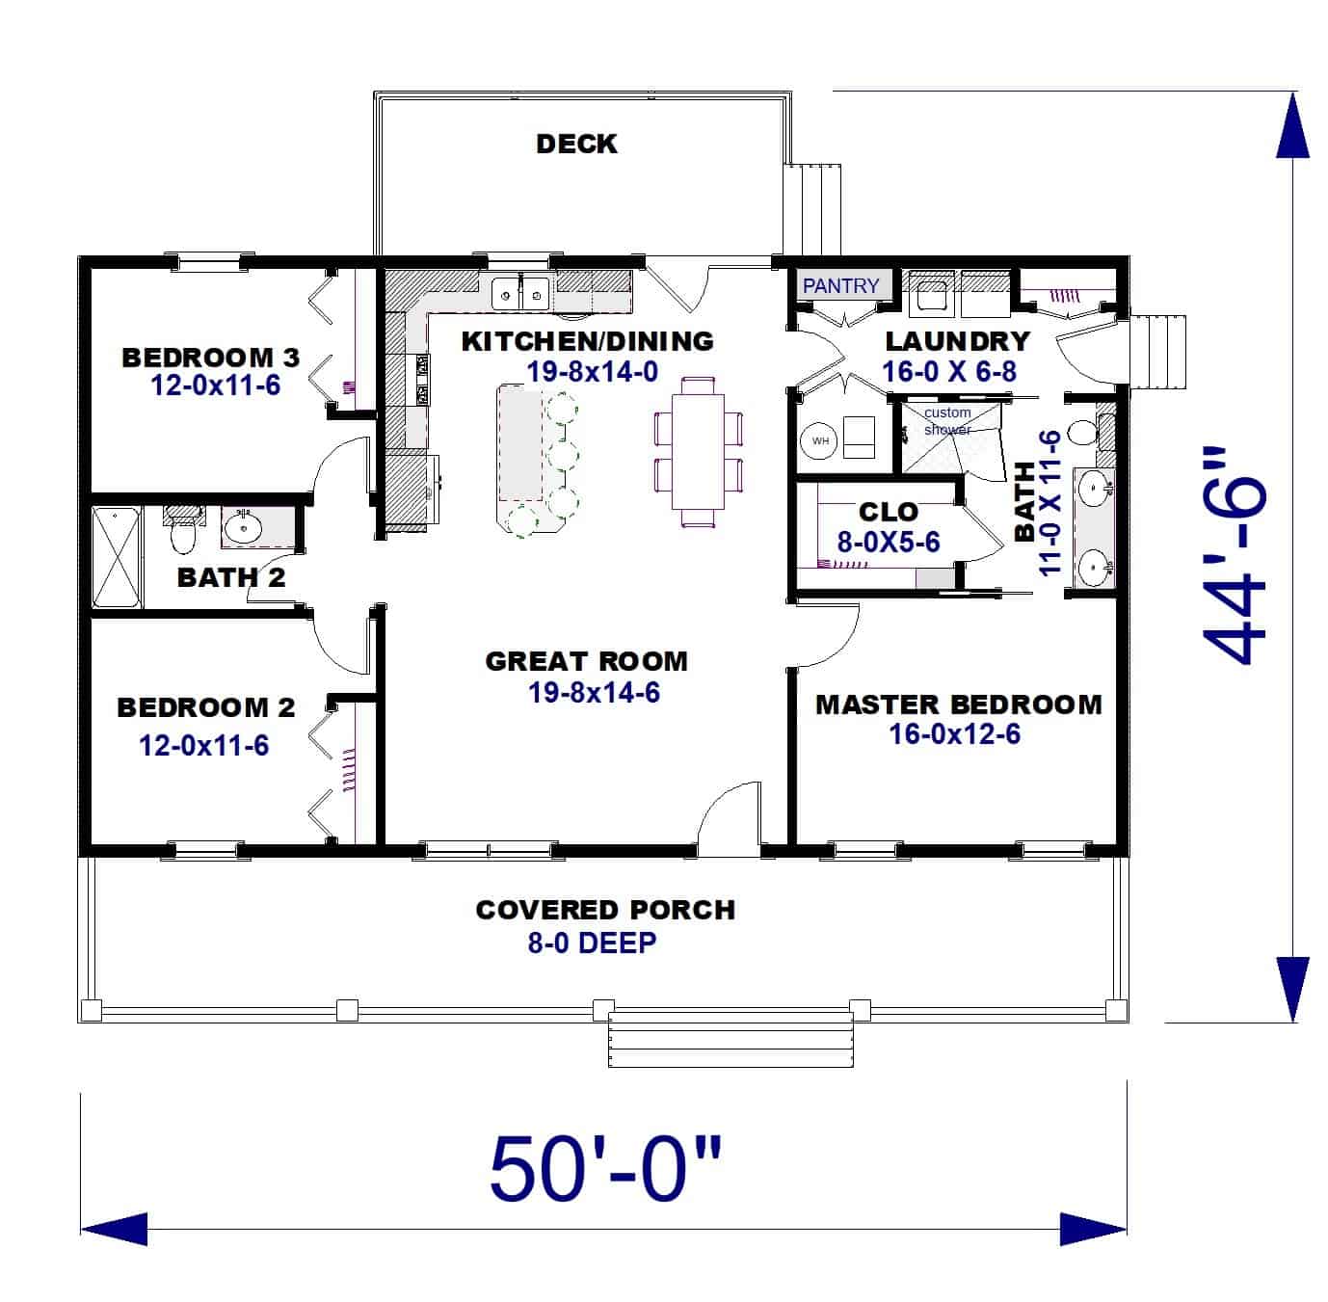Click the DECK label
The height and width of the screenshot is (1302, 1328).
pos(575,144)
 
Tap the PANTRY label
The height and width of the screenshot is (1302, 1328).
pos(840,286)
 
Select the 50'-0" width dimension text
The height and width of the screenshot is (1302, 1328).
pos(605,1170)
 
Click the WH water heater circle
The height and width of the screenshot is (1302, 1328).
pos(820,440)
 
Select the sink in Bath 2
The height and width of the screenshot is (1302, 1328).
pos(243,527)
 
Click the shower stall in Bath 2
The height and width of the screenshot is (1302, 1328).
pos(117,558)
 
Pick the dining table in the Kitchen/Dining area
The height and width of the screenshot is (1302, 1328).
pos(699,450)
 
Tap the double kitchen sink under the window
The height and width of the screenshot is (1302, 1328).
pos(520,292)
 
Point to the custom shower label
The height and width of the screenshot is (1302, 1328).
pos(947,421)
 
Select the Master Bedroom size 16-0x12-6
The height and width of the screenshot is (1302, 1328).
pos(954,734)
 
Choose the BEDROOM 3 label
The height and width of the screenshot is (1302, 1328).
pos(210,358)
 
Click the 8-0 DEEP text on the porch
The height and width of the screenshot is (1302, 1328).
pos(591,943)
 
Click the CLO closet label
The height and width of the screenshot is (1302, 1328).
pos(888,511)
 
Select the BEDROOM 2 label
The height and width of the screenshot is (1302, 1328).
pos(205,707)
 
